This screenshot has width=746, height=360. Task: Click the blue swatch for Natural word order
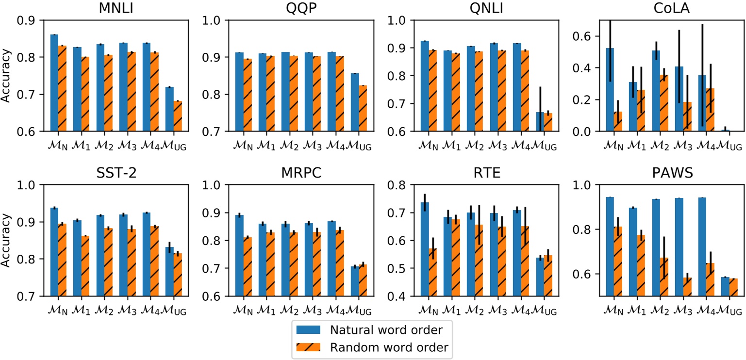pos(310,330)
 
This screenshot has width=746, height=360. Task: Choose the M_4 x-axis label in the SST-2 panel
pos(147,309)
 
